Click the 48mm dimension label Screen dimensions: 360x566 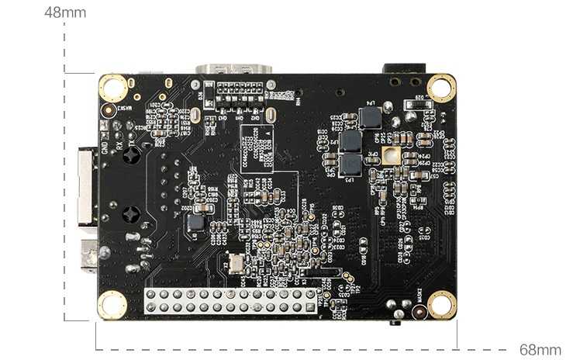point(66,12)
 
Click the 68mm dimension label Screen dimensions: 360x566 point(540,350)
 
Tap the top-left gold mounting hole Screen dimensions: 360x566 point(113,88)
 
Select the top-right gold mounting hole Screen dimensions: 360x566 point(440,87)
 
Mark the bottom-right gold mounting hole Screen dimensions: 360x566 point(441,304)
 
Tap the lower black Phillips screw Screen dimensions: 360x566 point(132,213)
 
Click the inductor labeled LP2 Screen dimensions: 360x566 point(351,140)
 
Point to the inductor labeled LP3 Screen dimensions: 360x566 point(351,164)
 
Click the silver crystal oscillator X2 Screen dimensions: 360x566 point(233,264)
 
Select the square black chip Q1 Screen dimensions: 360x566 point(196,223)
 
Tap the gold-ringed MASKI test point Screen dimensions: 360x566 point(419,312)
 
